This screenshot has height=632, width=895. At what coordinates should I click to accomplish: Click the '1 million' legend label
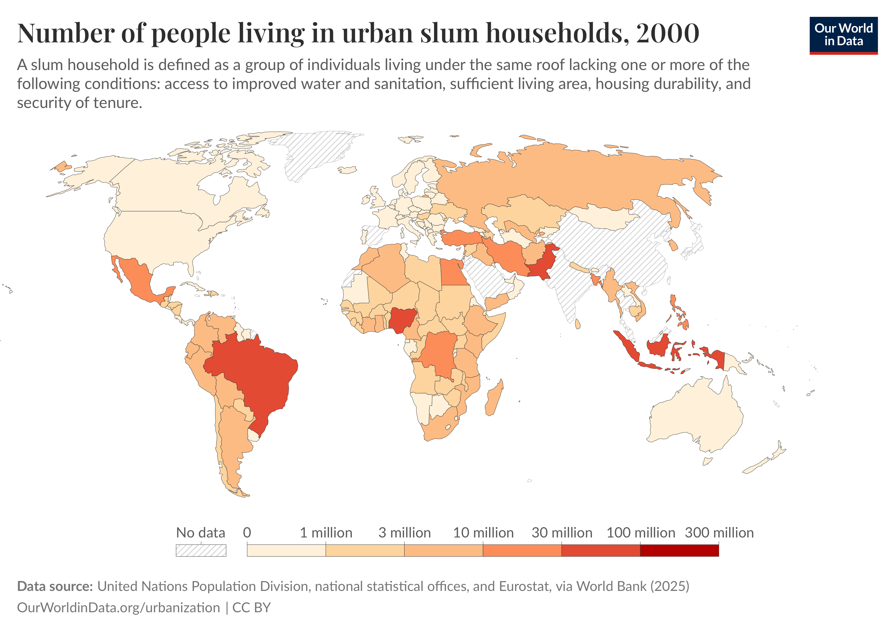pyautogui.click(x=326, y=532)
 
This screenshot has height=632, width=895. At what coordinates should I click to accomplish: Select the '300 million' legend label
pyautogui.click(x=719, y=532)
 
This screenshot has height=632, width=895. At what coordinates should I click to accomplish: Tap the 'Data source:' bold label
pyautogui.click(x=54, y=586)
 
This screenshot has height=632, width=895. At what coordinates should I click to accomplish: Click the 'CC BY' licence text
pyautogui.click(x=251, y=608)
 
